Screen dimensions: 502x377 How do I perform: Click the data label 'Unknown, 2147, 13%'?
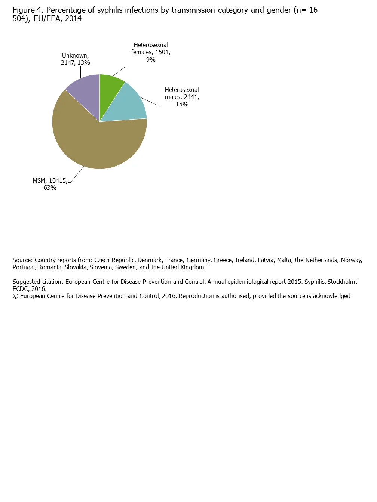[76, 59]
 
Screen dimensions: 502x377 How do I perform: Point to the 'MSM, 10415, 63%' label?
[50, 184]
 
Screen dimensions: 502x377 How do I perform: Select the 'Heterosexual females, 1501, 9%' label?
[151, 52]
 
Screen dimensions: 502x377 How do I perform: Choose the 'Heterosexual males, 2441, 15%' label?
[182, 97]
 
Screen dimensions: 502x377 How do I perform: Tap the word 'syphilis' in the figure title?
[110, 10]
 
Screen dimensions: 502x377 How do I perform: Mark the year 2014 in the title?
[73, 19]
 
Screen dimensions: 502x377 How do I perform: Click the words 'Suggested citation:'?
[38, 282]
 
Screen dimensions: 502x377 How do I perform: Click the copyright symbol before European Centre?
[15, 296]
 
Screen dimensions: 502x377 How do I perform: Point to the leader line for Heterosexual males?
[150, 102]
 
